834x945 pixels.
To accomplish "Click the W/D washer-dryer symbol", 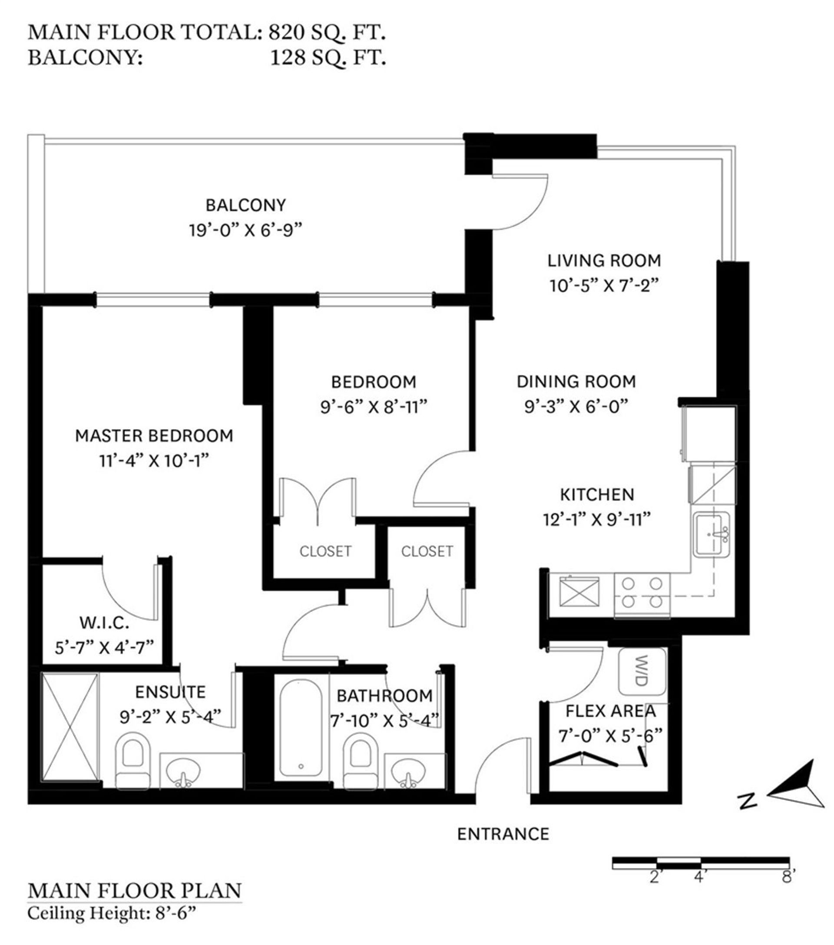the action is (642, 671).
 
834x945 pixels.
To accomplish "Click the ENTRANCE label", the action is (503, 833).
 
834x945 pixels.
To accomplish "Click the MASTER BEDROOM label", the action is (154, 435).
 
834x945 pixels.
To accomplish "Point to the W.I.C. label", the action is (105, 623).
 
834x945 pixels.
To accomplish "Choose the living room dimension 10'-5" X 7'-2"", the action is (604, 285).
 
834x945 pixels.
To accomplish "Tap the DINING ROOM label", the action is (576, 382).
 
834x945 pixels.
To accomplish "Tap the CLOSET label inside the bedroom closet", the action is (325, 551).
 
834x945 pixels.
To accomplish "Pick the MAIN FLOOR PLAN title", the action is (135, 890).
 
